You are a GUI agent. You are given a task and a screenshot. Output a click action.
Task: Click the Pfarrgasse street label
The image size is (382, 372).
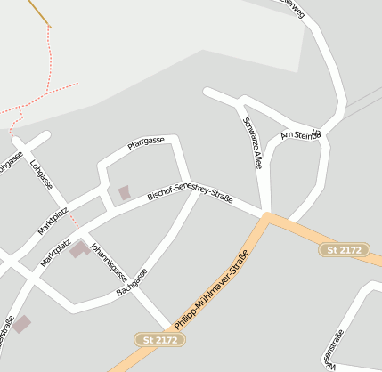coord(146,142)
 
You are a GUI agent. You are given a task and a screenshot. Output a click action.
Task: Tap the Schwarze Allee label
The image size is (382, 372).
coord(253,143)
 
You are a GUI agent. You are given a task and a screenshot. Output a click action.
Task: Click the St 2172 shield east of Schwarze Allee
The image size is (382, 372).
coord(342,250)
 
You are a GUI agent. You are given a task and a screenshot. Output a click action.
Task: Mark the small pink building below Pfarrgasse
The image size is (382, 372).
coord(124,192)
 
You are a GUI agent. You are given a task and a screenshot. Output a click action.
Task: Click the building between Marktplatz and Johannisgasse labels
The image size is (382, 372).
coord(80,249)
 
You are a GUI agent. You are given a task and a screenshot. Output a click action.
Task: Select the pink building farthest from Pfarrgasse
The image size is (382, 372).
coord(21,325)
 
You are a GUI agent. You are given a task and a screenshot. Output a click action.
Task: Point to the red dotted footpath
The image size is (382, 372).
coord(45,95)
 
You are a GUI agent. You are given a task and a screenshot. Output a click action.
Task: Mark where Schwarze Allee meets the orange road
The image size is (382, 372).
coord(267,214)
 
